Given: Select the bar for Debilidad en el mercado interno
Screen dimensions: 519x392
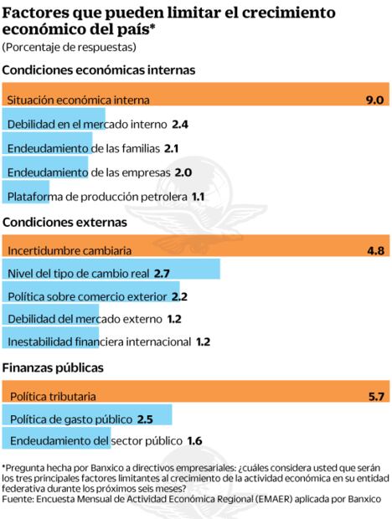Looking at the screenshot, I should (54, 124).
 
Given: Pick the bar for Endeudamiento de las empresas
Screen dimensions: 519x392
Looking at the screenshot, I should (46, 172).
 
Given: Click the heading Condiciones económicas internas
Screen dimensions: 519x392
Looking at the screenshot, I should (98, 70).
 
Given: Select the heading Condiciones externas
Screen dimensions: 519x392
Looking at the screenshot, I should (64, 223).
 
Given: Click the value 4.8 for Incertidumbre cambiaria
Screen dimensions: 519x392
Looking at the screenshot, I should (374, 250).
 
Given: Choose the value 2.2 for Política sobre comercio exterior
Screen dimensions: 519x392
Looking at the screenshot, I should (179, 296).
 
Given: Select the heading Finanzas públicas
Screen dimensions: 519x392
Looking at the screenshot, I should (53, 367).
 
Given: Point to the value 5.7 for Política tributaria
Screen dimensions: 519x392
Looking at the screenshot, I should (374, 396).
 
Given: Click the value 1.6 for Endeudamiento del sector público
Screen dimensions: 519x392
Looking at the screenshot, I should (194, 440).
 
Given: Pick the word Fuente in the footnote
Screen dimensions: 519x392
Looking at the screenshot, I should (18, 498).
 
